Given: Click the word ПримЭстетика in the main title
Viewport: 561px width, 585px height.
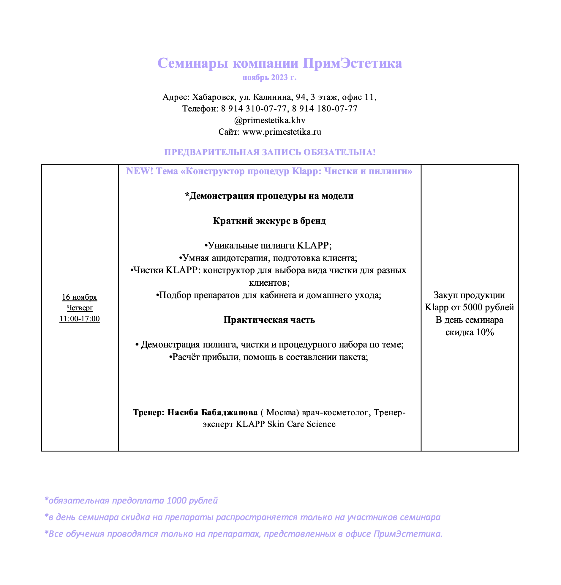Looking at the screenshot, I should [352, 63].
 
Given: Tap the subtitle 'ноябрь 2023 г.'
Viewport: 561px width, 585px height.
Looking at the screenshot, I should [269, 78].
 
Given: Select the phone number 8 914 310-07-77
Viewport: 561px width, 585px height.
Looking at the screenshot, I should [254, 108].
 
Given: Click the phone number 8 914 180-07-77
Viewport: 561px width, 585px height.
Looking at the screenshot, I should [325, 108].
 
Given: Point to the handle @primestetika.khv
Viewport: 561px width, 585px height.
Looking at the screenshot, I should [270, 120].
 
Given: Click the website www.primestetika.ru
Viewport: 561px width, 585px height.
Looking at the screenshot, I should [282, 132].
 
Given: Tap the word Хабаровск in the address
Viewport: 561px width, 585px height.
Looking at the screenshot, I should [214, 97].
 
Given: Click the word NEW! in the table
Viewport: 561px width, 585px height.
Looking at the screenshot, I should [139, 171].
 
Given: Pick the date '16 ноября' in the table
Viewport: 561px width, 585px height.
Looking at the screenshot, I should [79, 297].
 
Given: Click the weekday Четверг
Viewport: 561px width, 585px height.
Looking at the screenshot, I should [80, 308].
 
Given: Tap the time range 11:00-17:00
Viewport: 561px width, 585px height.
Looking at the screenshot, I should [79, 319].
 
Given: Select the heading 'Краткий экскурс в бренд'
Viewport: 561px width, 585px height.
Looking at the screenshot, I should [269, 221].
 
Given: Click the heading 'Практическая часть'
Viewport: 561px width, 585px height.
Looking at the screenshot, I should [269, 320].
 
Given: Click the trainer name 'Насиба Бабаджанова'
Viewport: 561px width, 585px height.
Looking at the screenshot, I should [212, 413].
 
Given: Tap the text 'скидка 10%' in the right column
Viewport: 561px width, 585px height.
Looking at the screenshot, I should [470, 332].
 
